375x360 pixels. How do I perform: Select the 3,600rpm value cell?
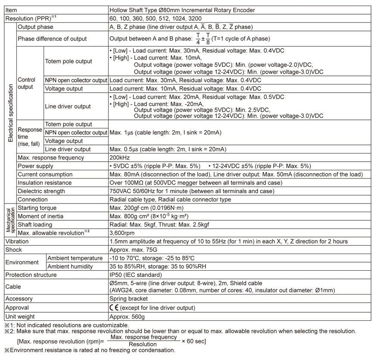[x=123, y=233]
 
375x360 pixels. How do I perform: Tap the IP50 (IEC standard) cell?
[x=136, y=275]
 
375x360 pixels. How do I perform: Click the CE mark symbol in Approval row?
[x=114, y=308]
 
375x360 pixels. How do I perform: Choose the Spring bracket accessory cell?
[x=129, y=298]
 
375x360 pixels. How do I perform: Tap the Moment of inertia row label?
[x=41, y=216]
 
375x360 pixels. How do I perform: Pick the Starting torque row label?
[x=37, y=208]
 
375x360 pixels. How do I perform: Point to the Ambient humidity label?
[x=70, y=266]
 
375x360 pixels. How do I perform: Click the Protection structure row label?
[x=31, y=275]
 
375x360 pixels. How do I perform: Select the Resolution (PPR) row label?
[x=31, y=19]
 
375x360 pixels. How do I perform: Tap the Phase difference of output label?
[x=52, y=39]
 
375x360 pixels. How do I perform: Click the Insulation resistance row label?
[x=45, y=183]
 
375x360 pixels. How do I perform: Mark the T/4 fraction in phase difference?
[x=198, y=39]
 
